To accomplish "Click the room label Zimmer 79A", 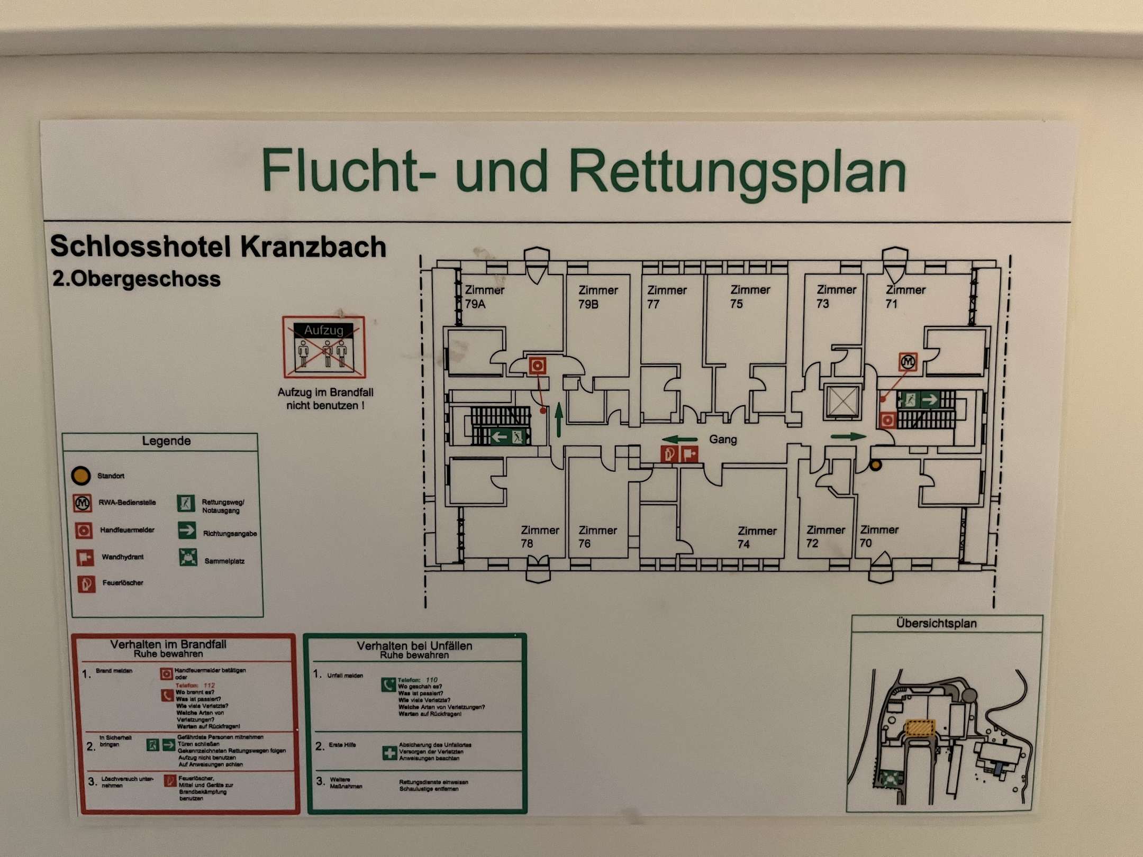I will click(484, 297).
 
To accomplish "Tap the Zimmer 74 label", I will click(756, 537).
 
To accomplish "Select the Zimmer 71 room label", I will click(904, 297).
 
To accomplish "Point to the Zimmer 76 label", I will click(597, 536).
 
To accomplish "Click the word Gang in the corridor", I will click(723, 440).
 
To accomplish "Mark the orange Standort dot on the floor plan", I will click(876, 465).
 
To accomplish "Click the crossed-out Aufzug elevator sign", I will click(324, 347).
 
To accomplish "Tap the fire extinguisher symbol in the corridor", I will click(669, 454).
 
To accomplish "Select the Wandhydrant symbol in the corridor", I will click(689, 454).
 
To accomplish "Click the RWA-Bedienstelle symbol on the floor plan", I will click(908, 362).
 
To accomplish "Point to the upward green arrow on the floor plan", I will click(559, 420).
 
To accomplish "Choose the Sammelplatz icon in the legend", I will click(188, 557).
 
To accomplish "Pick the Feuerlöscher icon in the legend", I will click(86, 584).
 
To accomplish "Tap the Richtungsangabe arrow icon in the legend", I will click(187, 530).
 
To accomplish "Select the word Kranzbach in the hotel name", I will click(313, 247).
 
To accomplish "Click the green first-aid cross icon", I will click(389, 752).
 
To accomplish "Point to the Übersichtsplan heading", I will click(936, 623).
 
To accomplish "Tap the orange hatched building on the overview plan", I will click(920, 727).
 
